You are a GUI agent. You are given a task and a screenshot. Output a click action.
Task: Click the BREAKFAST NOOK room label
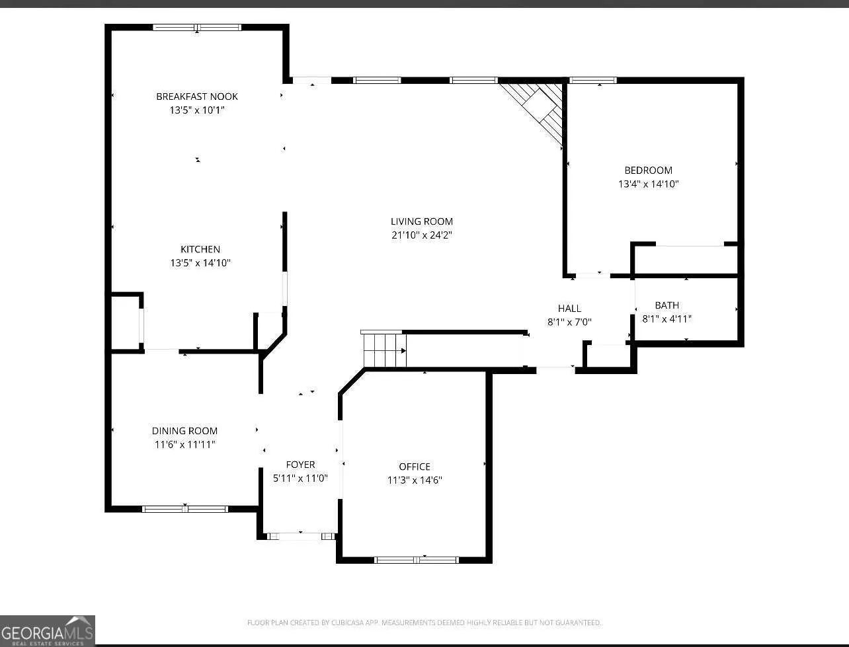(197, 96)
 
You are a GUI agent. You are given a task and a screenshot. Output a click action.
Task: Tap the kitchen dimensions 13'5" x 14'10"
(200, 263)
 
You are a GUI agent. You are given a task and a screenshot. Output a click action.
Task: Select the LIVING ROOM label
(422, 221)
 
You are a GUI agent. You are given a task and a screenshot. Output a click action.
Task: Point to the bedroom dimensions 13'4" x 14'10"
(648, 184)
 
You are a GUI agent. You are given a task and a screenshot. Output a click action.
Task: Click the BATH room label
(667, 305)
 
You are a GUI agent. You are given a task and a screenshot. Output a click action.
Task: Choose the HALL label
(569, 309)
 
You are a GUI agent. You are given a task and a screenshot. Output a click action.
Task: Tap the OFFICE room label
(415, 467)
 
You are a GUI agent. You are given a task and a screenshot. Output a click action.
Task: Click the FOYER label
(300, 465)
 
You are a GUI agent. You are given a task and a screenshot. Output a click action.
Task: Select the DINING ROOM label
(184, 431)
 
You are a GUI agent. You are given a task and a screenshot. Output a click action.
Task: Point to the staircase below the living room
(385, 349)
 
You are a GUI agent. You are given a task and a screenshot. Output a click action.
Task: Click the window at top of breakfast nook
(197, 28)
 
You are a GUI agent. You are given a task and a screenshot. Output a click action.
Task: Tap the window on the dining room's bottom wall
(185, 509)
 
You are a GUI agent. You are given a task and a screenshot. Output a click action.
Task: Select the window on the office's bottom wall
(416, 560)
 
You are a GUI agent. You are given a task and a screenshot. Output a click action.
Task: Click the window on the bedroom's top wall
(593, 81)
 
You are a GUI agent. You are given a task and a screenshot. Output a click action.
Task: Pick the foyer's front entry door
(301, 536)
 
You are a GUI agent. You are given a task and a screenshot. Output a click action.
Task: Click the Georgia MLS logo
(48, 630)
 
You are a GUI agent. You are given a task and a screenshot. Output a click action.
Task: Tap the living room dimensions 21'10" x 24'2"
(422, 235)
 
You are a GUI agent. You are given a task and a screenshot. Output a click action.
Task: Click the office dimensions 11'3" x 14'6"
(415, 480)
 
